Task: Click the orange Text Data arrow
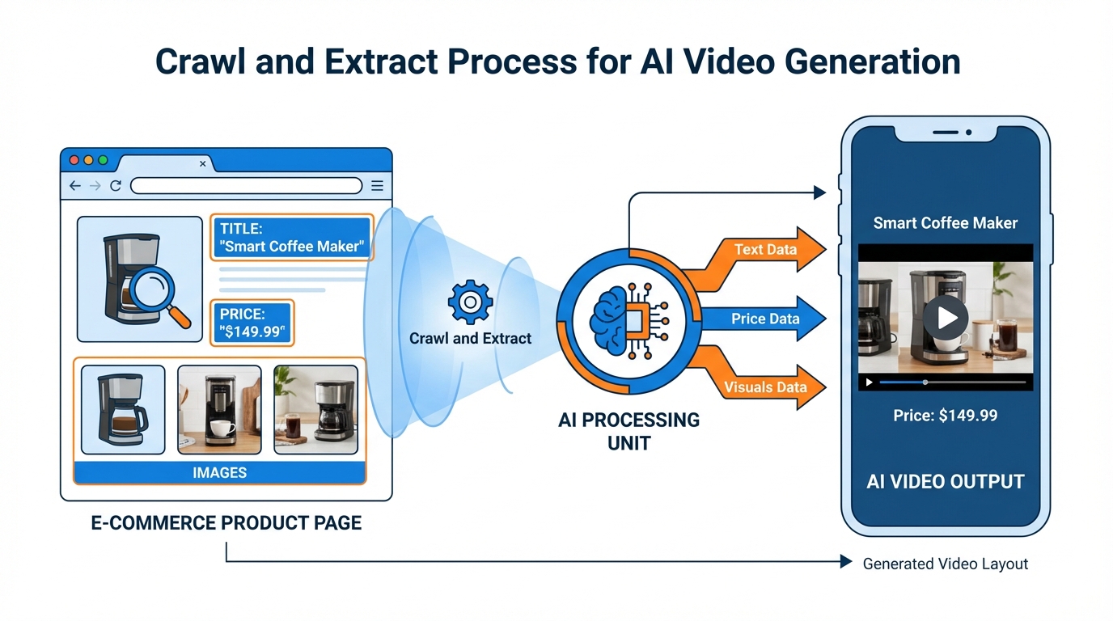pos(765,250)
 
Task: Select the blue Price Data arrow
pos(764,319)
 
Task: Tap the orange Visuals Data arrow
pos(765,387)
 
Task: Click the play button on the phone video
pos(946,317)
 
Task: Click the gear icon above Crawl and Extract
pos(470,302)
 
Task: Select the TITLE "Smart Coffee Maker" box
pos(292,238)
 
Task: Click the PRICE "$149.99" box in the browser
pos(252,323)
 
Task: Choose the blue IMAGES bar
pos(219,472)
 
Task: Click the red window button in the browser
pos(74,160)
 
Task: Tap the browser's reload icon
pos(116,186)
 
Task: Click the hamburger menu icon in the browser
pos(377,186)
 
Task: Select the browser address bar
pos(246,186)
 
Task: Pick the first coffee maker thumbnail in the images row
pos(123,409)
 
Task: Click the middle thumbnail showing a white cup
pos(219,409)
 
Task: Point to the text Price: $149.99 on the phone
pos(945,416)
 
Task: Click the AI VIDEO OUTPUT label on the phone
pos(945,481)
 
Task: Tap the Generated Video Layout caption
pos(945,564)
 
